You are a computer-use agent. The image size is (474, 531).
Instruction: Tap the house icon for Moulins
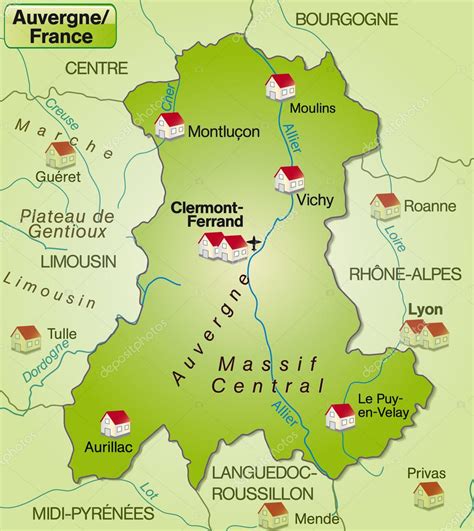click(x=280, y=87)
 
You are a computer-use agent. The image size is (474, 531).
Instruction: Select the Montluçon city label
click(x=224, y=131)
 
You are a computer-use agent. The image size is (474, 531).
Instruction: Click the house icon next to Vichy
click(x=289, y=179)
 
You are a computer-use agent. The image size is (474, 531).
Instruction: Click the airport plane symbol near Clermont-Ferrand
click(x=255, y=242)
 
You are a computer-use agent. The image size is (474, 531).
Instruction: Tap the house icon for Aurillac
click(x=116, y=424)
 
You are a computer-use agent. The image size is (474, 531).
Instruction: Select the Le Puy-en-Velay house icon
click(x=340, y=416)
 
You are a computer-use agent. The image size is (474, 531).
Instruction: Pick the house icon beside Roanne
click(x=385, y=206)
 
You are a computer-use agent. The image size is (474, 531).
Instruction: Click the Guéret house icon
click(x=61, y=154)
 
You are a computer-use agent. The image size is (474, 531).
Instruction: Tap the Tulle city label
click(x=61, y=334)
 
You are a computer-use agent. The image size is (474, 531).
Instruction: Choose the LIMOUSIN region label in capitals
click(x=79, y=260)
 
